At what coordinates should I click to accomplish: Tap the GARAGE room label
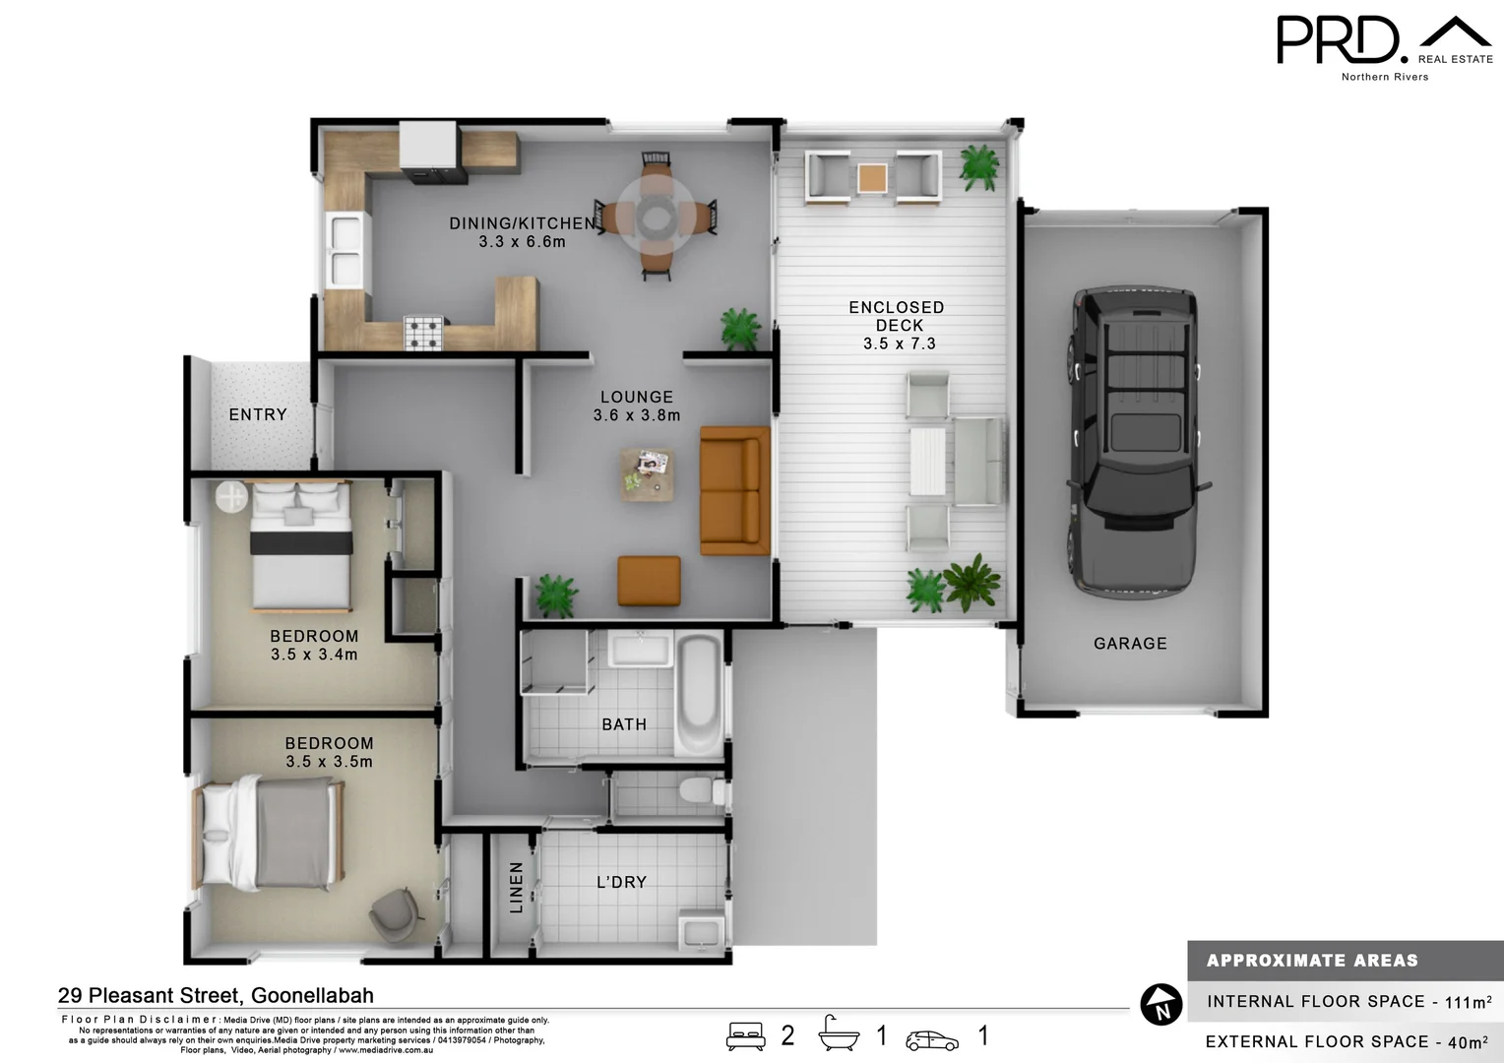coord(1130,644)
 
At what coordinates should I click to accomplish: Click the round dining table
coord(656,216)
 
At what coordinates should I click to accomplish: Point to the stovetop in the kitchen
coord(425,332)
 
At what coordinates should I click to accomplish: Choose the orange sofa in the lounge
coord(733,490)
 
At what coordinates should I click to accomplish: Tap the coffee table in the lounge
coord(648,473)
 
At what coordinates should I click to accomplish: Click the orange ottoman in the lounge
coord(649,581)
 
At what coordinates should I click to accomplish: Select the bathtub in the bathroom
coord(699,694)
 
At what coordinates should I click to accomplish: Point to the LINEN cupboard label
coord(516,887)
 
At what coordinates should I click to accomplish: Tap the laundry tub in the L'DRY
coord(701,931)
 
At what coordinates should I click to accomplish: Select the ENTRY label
coord(258,415)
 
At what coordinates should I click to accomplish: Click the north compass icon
coord(1160,1005)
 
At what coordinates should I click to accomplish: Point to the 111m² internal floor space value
coord(1468,1002)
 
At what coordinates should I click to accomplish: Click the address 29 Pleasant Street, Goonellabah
coord(216,995)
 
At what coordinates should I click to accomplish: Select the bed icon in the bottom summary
coord(745,1036)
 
